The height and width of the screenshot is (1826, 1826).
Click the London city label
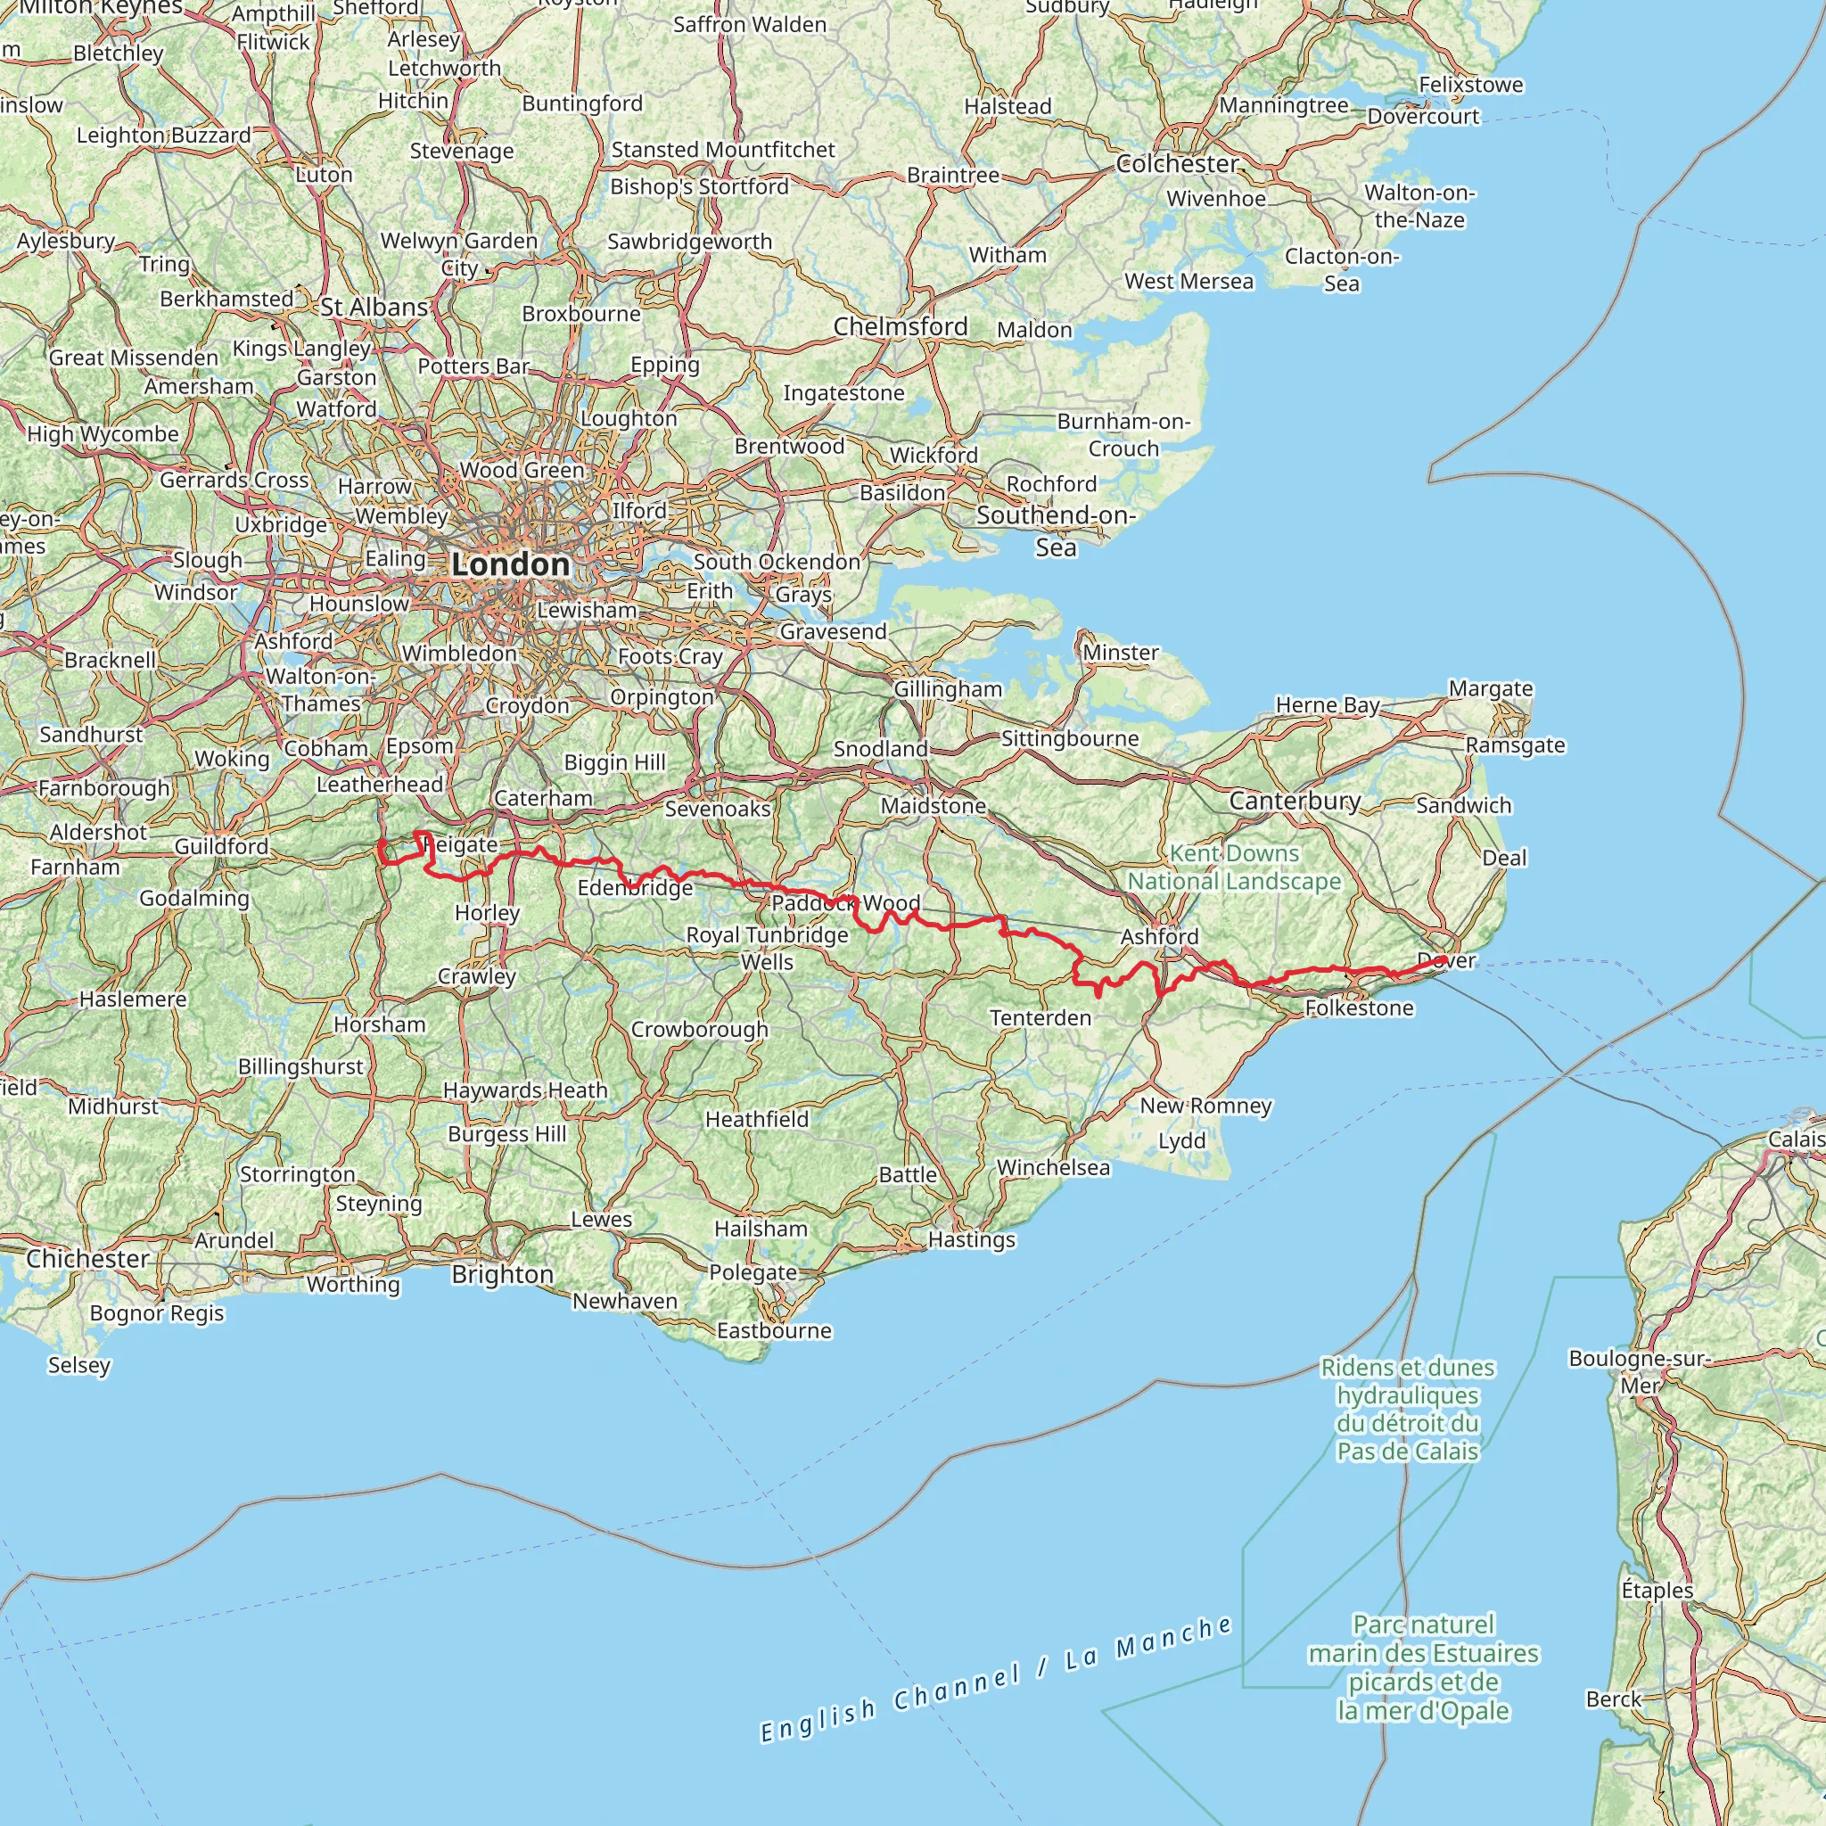click(510, 564)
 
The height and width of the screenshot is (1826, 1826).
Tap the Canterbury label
click(1294, 801)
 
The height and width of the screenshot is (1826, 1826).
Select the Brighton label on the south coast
click(502, 1274)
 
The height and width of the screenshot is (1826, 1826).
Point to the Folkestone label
click(1358, 1008)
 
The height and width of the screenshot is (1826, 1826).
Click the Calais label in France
click(1795, 1139)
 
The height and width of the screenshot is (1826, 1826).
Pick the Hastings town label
click(971, 1239)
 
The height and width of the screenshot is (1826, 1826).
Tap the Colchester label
click(1176, 163)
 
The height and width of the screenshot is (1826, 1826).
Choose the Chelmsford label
click(900, 326)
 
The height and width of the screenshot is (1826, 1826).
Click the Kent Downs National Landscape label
click(1233, 867)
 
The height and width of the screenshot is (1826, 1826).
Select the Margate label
click(1490, 688)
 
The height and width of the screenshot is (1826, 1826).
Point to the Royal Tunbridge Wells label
click(767, 948)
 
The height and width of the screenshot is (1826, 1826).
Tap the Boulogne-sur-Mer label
click(1638, 1371)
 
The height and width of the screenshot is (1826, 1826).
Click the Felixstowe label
click(1469, 84)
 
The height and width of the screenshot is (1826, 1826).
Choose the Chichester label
click(87, 1258)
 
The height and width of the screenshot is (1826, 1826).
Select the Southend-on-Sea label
click(1055, 531)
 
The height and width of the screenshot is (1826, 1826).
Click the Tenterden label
click(1040, 1017)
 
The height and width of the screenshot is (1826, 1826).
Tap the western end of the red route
click(381, 842)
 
